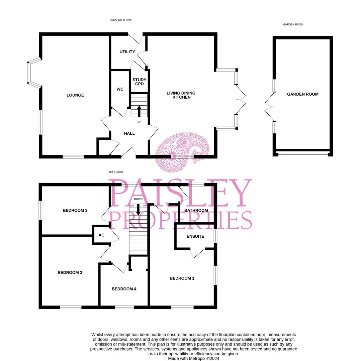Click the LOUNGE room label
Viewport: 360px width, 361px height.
pos(75,95)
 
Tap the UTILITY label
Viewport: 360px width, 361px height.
pos(127,52)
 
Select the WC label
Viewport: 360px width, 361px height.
pos(120,89)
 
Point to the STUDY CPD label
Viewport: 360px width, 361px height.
pos(139,82)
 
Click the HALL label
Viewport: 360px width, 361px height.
pos(129,133)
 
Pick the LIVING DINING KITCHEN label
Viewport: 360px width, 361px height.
pos(181,95)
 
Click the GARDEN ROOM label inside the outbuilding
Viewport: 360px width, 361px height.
pos(302,94)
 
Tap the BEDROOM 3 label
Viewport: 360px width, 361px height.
pos(75,211)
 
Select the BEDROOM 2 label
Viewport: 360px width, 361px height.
pos(70,273)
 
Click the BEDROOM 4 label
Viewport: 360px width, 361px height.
pos(124,289)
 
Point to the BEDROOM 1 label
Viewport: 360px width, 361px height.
pos(182,278)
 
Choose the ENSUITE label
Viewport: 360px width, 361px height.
pos(195,236)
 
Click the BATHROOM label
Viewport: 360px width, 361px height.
pos(196,211)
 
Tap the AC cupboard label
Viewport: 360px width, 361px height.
pos(101,235)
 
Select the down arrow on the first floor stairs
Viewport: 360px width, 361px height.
pos(138,210)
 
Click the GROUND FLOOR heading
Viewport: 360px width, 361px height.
pos(121,20)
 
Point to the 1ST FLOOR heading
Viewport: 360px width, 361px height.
pos(115,172)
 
